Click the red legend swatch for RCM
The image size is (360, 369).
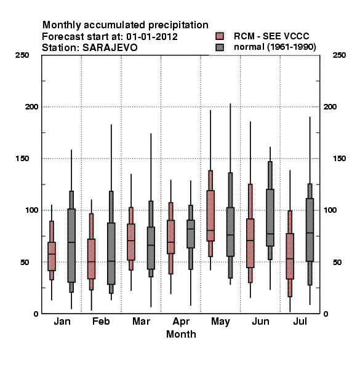coord(220,36)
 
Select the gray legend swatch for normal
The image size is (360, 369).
coord(220,47)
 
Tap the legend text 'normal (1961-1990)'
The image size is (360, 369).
coord(274,47)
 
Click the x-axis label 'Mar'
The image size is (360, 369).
coord(141,321)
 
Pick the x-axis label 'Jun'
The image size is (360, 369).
coord(260,321)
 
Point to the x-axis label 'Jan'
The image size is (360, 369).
coord(62,321)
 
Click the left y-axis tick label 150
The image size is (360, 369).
coord(22,159)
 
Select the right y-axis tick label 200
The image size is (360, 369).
coord(330,106)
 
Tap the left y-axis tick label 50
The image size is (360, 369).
coord(25,262)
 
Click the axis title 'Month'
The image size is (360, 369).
coord(181,334)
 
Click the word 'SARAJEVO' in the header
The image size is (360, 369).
coord(110,47)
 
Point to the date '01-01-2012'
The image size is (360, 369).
coord(152,37)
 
